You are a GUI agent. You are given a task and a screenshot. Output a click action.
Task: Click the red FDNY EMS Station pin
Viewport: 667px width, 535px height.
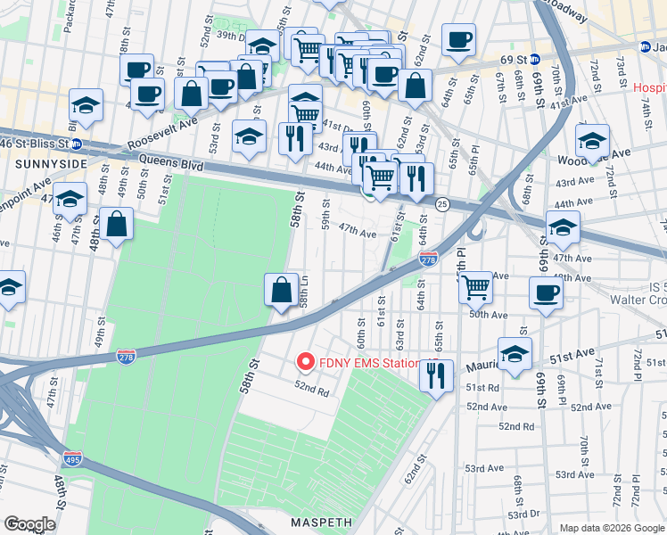coord(305,362)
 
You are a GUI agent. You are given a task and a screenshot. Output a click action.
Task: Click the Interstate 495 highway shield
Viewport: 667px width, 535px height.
coord(73,459)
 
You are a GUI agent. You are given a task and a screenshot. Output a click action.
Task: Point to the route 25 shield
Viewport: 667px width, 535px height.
coord(442,205)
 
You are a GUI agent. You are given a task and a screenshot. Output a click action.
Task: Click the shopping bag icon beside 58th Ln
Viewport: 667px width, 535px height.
coord(281,290)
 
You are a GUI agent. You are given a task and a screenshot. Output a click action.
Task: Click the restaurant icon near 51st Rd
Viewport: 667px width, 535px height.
coord(436,375)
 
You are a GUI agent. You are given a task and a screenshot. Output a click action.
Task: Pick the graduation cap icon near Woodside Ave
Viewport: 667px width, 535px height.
coord(592,141)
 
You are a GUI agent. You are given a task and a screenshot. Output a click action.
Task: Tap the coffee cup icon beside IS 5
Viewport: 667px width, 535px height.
coord(546,292)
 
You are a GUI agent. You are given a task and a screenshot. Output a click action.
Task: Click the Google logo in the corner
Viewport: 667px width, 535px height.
coord(29,524)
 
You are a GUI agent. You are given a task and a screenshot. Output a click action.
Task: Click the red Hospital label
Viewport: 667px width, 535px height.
coord(649,89)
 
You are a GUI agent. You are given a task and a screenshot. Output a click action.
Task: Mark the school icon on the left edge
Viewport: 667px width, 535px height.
coord(9,287)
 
